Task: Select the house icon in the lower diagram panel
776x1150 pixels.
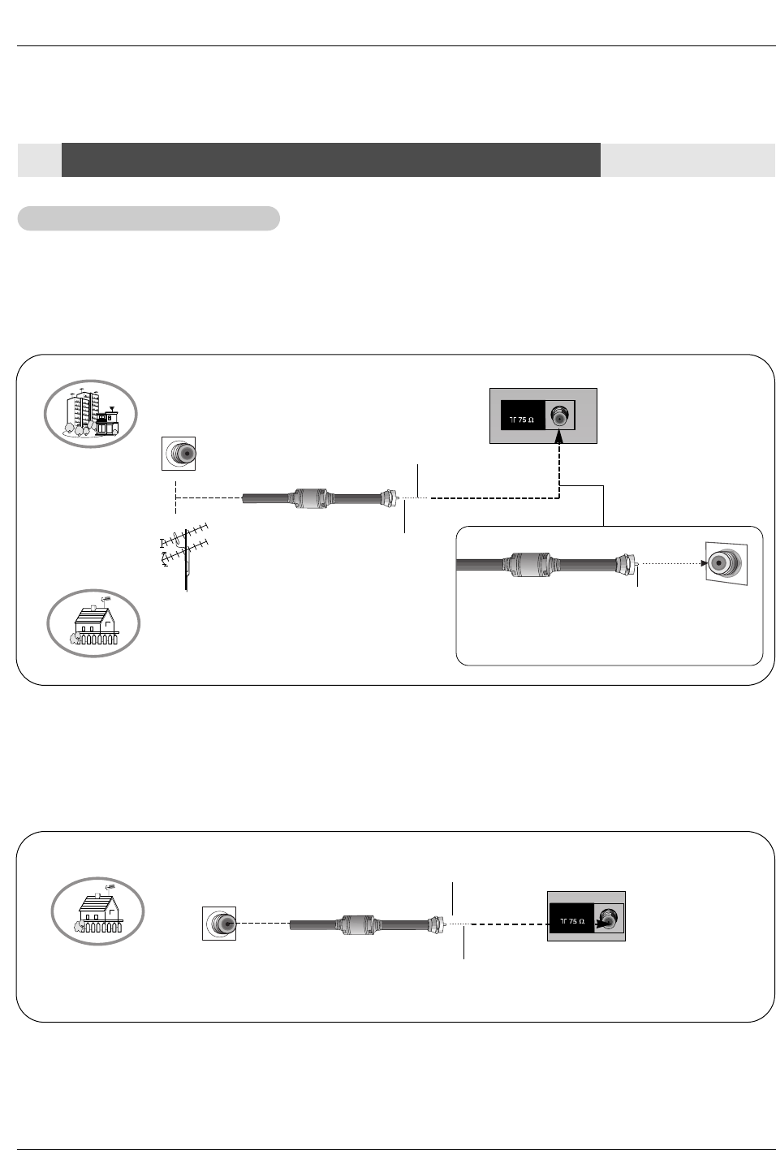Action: tap(98, 908)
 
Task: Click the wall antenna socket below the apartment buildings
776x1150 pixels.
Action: tap(179, 453)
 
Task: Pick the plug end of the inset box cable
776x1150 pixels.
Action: tap(627, 562)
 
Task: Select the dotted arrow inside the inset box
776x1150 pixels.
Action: tap(672, 562)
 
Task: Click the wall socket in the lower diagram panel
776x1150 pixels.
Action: tap(219, 924)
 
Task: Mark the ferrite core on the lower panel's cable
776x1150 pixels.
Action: tap(356, 924)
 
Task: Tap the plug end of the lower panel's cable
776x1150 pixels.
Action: tap(436, 924)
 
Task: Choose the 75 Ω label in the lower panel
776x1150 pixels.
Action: tap(571, 922)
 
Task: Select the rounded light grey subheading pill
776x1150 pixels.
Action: tap(149, 218)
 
